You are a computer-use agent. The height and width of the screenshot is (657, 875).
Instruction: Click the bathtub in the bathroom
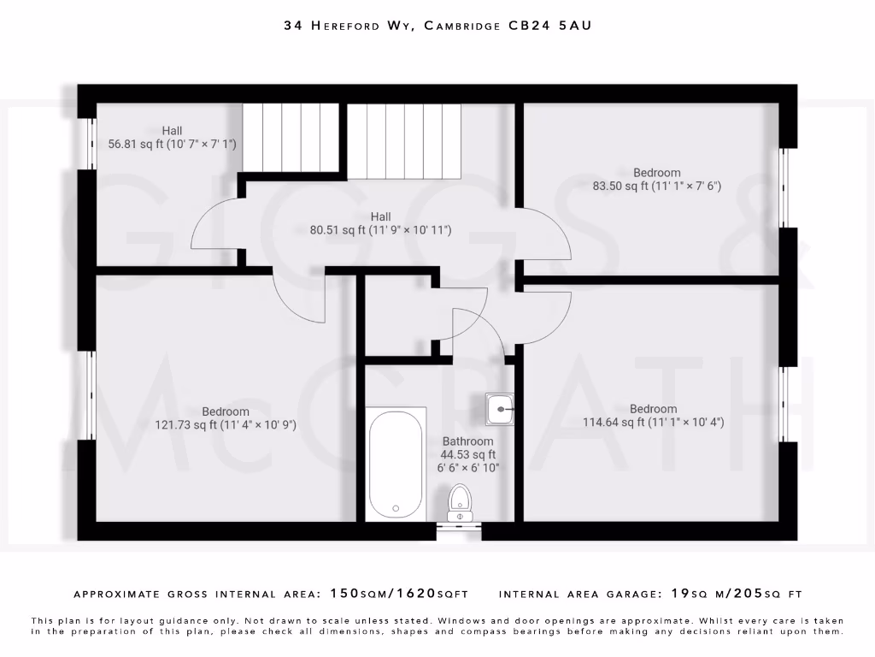pyautogui.click(x=396, y=464)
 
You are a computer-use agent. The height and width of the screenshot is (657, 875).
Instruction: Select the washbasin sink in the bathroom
pyautogui.click(x=499, y=409)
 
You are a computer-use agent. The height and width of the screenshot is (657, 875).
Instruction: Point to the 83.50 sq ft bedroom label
pyautogui.click(x=657, y=179)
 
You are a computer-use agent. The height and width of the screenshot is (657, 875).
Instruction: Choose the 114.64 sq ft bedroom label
pyautogui.click(x=654, y=415)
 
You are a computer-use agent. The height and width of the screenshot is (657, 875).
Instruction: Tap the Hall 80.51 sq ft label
pyautogui.click(x=380, y=223)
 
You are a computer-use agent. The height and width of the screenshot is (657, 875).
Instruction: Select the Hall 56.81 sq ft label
pyautogui.click(x=172, y=138)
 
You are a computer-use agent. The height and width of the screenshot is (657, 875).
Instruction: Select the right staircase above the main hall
pyautogui.click(x=402, y=140)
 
